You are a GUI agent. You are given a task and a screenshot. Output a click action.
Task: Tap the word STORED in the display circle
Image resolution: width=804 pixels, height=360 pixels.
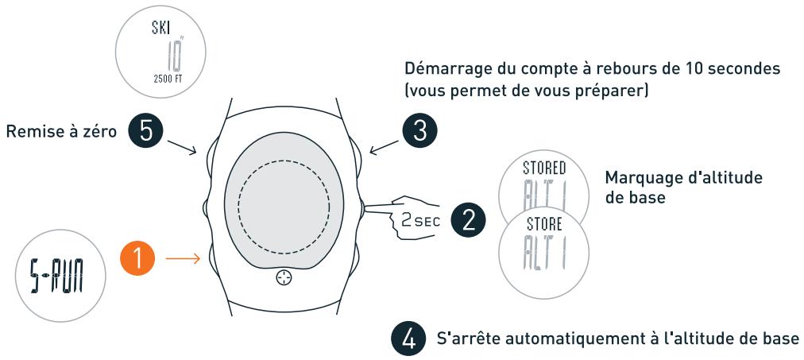pos(544,168)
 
